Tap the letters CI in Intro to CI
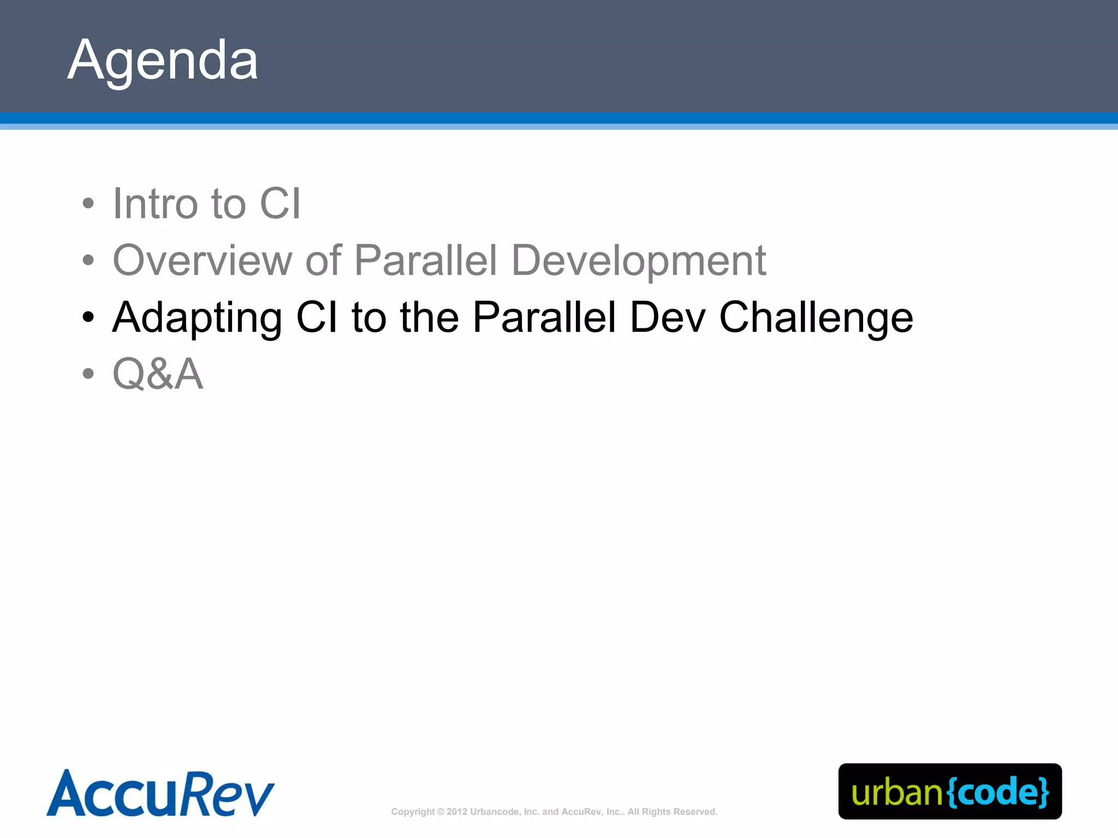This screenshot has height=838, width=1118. coord(280,203)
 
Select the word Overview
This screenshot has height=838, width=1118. coord(203,260)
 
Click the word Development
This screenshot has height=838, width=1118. coord(639,260)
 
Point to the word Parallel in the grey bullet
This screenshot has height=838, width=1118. coord(426,260)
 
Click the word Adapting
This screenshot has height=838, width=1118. coord(197,318)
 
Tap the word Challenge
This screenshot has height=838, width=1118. coord(816,318)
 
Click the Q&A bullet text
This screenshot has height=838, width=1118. coord(158,374)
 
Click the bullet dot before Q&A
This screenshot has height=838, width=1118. coord(88,374)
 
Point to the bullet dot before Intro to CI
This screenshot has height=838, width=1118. coord(88,204)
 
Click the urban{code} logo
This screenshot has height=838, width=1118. coord(950,792)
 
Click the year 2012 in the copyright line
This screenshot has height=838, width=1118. coord(456,812)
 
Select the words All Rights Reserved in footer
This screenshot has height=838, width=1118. coord(672,812)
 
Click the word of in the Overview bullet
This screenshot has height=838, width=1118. coord(323,260)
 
